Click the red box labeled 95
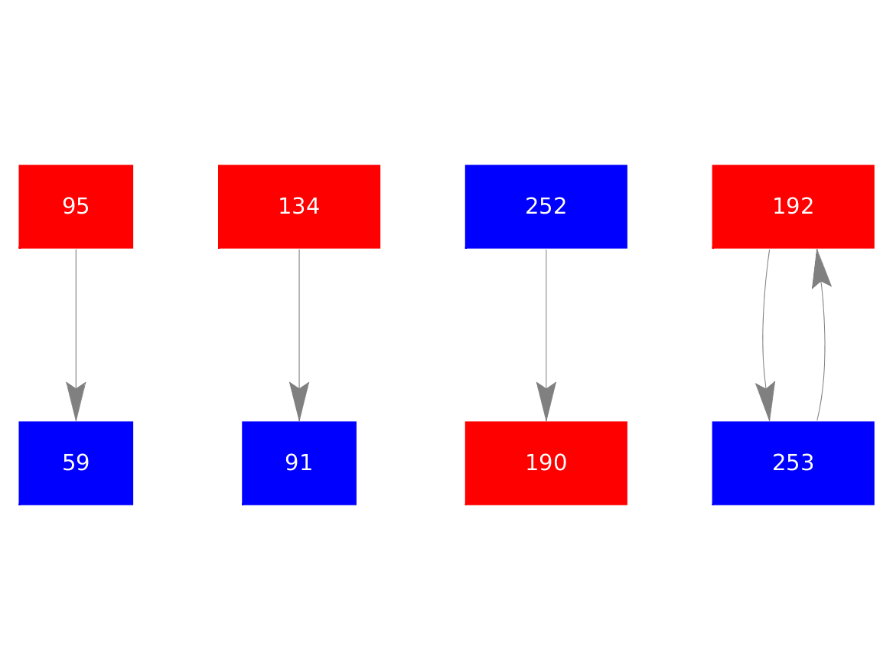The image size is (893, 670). pos(76,206)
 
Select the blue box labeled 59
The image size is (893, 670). pos(76,462)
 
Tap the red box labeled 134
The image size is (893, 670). pos(298,206)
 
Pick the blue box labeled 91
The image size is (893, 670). pos(298,462)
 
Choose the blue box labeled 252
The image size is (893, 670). pos(546,206)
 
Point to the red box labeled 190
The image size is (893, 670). pos(546,462)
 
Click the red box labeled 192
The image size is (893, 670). pos(793,206)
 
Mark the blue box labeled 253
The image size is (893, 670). pos(793,462)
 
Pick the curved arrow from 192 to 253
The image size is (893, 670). pos(764,329)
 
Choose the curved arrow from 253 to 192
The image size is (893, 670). pos(825,345)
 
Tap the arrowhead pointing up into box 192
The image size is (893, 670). pos(820,270)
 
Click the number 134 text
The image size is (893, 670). pos(298,206)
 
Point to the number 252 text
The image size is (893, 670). pos(546,206)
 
